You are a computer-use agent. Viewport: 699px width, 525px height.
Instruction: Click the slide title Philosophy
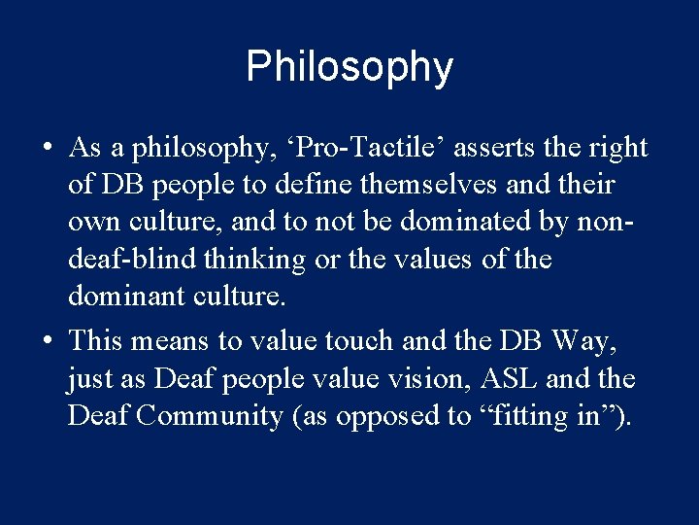coord(349,67)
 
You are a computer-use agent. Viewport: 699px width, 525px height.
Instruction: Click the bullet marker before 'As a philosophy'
coord(47,148)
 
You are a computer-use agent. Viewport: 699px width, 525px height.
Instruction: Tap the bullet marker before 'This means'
coord(47,341)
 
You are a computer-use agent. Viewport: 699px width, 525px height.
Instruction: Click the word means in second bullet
coord(172,341)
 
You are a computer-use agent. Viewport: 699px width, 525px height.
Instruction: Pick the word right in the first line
coord(616,148)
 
